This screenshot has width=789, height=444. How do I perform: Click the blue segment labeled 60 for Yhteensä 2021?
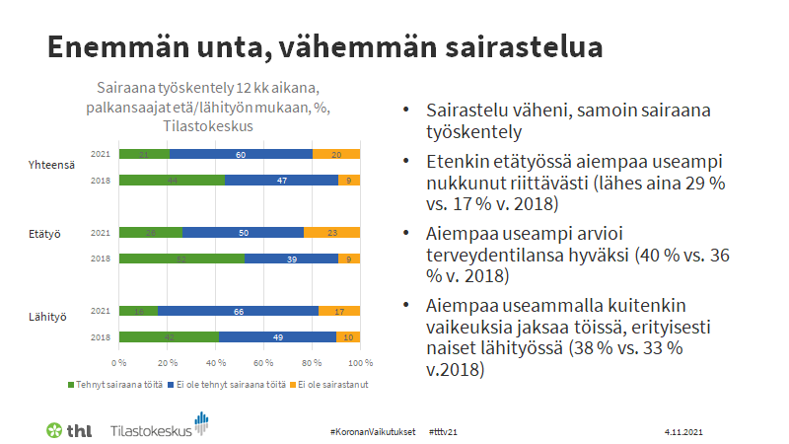point(241,155)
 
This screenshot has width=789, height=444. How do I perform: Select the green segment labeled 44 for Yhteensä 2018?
point(172,181)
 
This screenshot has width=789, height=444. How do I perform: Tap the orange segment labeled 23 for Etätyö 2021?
point(331,233)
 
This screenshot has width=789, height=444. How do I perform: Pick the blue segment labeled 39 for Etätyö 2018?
point(291,259)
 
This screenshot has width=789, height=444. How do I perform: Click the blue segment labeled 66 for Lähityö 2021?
point(238,311)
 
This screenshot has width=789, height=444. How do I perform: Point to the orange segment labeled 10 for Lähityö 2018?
point(348,336)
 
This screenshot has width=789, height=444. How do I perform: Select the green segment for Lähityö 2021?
point(138,311)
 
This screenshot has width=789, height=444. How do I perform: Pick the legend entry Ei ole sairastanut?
point(329,383)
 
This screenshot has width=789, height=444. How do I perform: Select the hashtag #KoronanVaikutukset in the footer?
point(373,432)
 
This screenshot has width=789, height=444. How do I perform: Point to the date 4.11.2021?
point(683,432)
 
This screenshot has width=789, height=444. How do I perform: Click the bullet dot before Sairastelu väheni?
point(407,111)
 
